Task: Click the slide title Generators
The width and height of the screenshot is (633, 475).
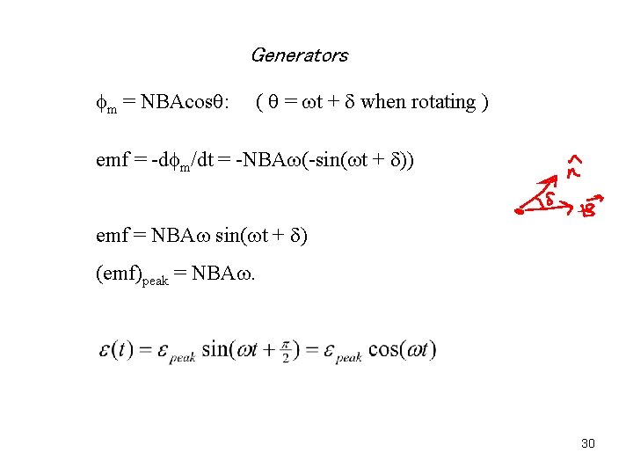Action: [x=299, y=55]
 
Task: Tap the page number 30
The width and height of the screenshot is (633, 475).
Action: [x=588, y=443]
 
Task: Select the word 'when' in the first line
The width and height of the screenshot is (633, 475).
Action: [x=383, y=102]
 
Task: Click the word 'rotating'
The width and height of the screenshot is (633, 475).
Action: [x=442, y=103]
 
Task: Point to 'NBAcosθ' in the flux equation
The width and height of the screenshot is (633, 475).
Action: [x=180, y=103]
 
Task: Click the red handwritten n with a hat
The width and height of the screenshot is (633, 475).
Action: [x=573, y=166]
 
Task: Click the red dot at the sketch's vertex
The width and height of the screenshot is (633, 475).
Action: [x=520, y=212]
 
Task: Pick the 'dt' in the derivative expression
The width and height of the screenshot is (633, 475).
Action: [x=208, y=161]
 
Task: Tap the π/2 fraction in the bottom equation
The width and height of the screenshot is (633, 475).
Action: [x=287, y=350]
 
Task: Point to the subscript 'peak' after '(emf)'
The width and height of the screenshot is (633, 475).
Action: [x=155, y=278]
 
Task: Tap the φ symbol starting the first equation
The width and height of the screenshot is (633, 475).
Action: [x=101, y=103]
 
